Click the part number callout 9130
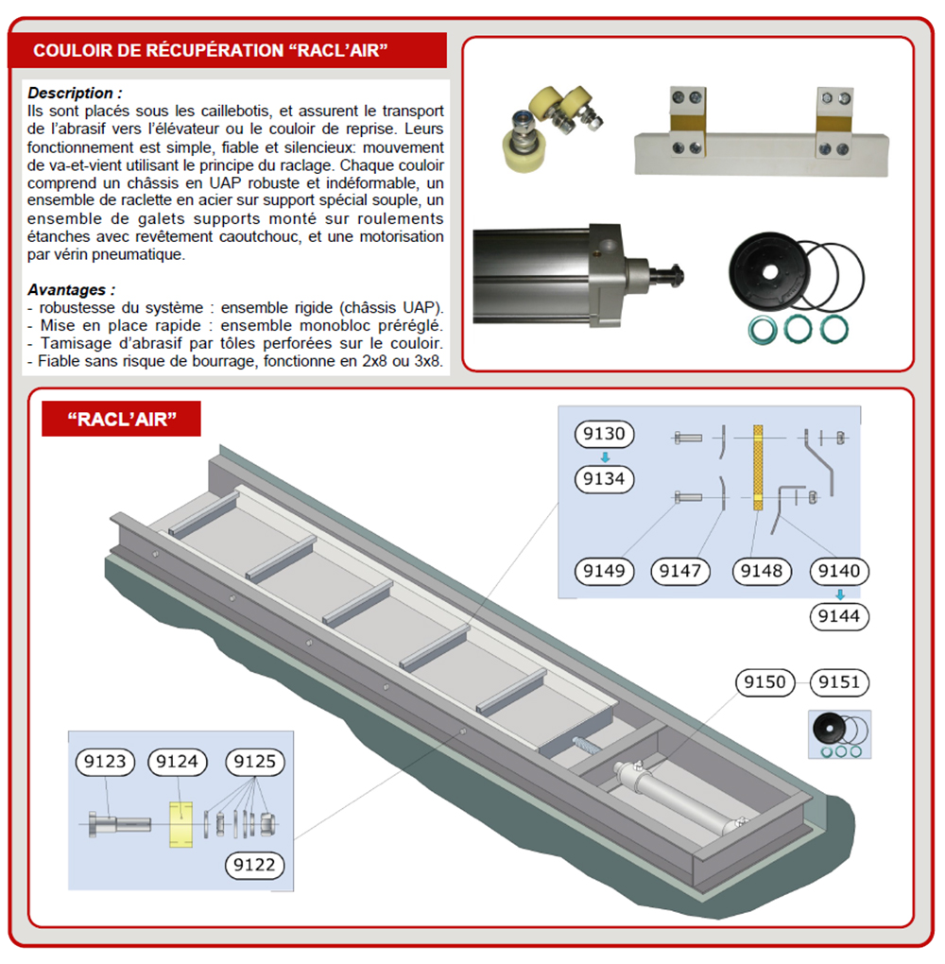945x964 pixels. coord(604,434)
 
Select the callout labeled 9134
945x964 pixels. coord(604,479)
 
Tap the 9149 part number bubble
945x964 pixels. coord(604,571)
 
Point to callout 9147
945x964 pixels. coord(680,571)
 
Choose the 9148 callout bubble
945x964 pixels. coord(761,571)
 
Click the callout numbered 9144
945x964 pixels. coord(839,616)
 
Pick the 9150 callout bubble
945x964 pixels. coord(765,682)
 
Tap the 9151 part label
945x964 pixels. coord(839,682)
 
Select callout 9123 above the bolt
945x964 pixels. coord(105,762)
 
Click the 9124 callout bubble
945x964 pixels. coord(177,762)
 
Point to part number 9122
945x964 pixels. coord(254,865)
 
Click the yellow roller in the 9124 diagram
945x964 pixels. coord(180,824)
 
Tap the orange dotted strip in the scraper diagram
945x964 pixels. coord(758,467)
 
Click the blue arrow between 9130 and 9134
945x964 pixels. coord(605,457)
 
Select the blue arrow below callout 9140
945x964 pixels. coord(840,594)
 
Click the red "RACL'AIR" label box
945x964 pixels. coord(121,419)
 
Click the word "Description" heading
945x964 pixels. coord(71,93)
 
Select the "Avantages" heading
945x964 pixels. coord(68,289)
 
